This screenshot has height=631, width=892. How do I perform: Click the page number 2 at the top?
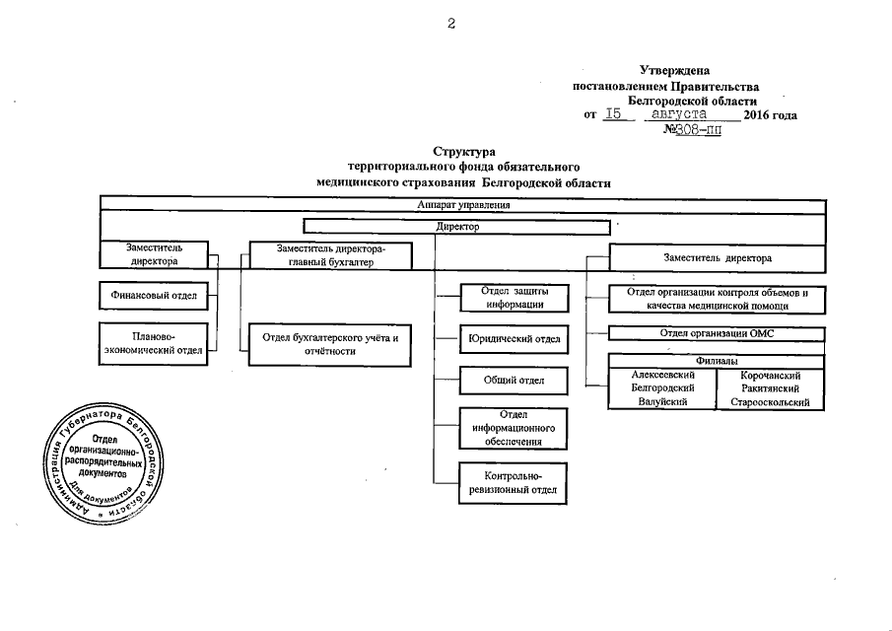point(451,25)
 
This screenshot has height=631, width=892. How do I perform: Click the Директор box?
point(455,226)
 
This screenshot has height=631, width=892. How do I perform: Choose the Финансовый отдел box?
point(157,295)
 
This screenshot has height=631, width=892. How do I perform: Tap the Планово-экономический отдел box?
point(154,343)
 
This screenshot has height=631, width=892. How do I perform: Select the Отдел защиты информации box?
point(514,297)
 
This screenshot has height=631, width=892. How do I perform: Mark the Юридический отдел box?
point(514,340)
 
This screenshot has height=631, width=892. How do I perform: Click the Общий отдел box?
point(514,381)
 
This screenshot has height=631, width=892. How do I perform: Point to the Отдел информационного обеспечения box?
point(514,428)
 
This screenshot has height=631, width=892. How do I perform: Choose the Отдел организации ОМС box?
point(717,333)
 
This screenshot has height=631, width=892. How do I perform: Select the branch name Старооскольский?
point(770,402)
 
